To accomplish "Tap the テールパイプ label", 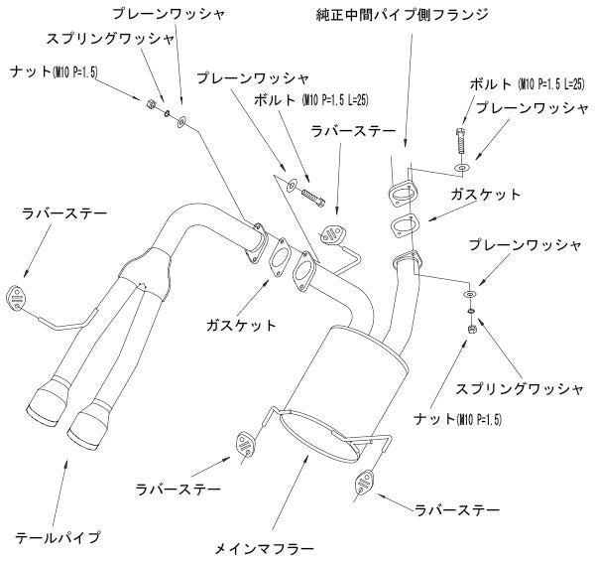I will coord(58,537).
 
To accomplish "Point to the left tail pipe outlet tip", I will coord(46,401).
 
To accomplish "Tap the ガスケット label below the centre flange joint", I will coord(242,325).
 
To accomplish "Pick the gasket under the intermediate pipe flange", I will coord(402,225).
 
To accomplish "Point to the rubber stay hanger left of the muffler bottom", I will coord(243,442).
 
